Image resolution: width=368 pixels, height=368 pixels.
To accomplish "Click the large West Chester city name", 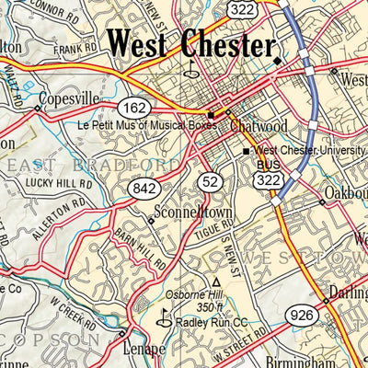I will [190, 45].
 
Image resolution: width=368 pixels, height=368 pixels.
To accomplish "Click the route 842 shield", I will [144, 189].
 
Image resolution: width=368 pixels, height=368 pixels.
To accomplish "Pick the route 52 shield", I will [210, 182].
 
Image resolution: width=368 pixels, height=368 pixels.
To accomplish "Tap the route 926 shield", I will [304, 316].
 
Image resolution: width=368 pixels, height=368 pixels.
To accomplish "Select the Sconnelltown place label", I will [190, 210].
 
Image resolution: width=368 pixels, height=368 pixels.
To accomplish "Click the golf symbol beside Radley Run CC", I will [165, 320].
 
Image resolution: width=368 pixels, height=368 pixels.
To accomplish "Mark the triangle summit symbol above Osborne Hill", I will [216, 282].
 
